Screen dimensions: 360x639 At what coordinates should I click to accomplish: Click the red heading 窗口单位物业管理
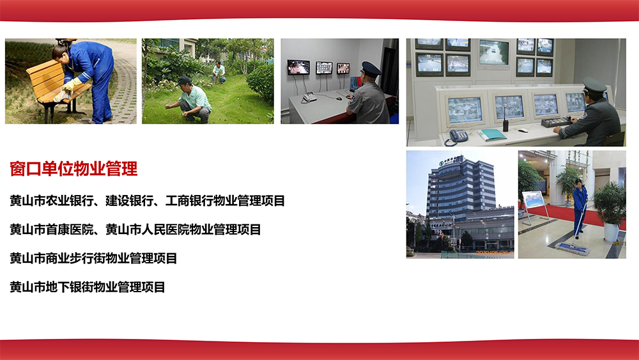click(73, 169)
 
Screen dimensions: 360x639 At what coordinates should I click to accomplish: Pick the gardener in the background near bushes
click(219, 72)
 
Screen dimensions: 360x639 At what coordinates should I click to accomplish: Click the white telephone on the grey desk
click(309, 97)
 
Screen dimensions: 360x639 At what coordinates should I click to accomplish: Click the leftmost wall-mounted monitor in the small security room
click(298, 67)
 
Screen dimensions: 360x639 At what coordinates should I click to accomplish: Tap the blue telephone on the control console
click(458, 136)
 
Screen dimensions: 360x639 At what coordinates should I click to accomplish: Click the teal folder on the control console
click(493, 134)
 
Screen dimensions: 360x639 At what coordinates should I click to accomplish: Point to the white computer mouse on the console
click(523, 130)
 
